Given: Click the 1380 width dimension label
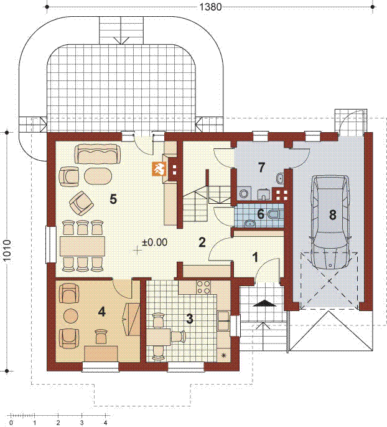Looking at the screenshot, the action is [211, 7].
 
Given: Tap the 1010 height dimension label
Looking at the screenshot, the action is [7, 251].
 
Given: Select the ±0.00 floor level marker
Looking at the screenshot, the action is [154, 242].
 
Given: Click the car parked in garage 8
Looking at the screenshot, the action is [331, 222].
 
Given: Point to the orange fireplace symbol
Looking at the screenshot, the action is [158, 169].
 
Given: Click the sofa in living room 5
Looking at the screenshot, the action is [97, 154].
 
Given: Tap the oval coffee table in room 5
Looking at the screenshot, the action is [98, 176].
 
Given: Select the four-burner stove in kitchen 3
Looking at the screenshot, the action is [203, 287].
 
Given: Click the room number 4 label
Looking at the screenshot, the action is [101, 312].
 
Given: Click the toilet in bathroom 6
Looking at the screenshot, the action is [274, 215].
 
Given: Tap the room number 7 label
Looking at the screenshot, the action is [261, 168].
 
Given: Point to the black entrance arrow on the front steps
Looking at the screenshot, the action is [264, 303].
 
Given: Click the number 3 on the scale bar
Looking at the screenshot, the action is [82, 423].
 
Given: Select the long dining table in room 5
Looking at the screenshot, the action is [82, 246].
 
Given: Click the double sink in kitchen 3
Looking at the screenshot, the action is [224, 320].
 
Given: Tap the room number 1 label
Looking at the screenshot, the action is [255, 257].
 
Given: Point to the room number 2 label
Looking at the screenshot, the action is [202, 242].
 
